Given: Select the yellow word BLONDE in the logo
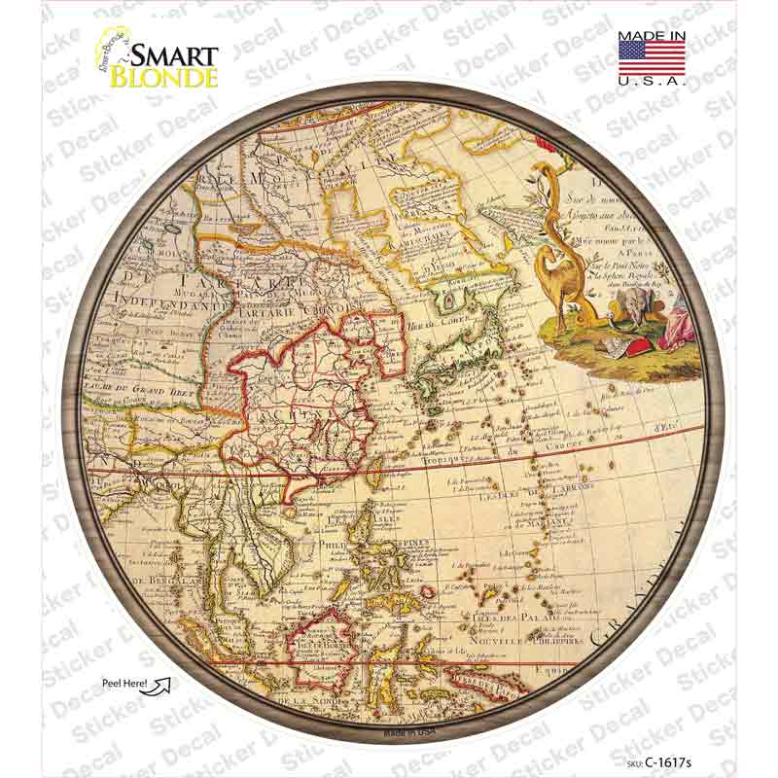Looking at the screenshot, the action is tap(163, 77).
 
